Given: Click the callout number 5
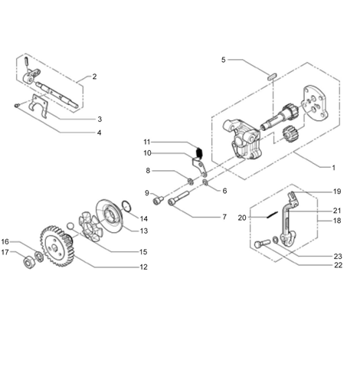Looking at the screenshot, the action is [224, 60].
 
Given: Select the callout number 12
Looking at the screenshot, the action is [144, 267].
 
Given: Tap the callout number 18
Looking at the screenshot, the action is [337, 221].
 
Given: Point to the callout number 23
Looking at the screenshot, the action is [338, 256].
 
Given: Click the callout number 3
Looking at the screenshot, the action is [100, 120].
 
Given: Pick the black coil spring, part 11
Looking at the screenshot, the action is [199, 152].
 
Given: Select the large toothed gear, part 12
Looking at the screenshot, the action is [57, 246].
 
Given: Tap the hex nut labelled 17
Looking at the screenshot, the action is [29, 263].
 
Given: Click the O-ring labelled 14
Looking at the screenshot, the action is [127, 206].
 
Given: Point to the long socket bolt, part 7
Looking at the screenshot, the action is [178, 199].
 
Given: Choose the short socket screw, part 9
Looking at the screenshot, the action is [159, 200].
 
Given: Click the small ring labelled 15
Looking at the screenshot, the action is [70, 226].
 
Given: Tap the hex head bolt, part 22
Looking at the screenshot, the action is [262, 244].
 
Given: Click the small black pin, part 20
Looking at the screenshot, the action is [273, 215].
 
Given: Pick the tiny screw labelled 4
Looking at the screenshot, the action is [17, 105].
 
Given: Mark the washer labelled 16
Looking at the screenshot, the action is [39, 257].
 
